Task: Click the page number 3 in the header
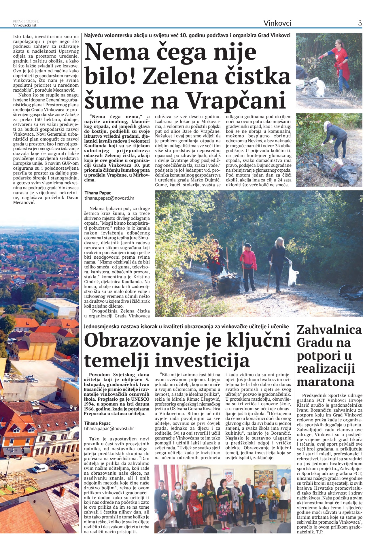pos(360,23)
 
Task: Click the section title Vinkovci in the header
pos(277,23)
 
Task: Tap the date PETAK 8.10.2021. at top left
pos(26,21)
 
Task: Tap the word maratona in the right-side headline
pos(325,382)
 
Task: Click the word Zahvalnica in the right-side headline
pos(329,329)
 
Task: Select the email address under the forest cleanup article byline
pos(109,198)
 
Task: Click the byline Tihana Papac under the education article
pos(97,423)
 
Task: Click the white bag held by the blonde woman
pos(293,275)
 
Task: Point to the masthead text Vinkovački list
pos(25,25)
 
